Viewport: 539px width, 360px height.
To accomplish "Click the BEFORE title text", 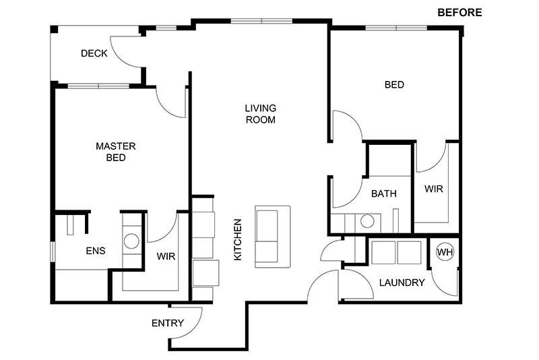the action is tap(459, 12).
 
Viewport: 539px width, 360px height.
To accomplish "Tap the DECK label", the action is tap(94, 53).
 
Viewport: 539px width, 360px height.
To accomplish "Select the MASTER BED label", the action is tap(116, 152).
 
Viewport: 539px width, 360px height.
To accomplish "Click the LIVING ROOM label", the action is tap(261, 114).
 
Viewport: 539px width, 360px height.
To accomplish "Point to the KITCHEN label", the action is tap(238, 239).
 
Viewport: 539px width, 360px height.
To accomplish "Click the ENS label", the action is tap(96, 251).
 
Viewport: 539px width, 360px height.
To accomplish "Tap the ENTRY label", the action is tap(168, 323).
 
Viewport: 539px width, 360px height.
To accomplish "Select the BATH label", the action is tap(384, 193).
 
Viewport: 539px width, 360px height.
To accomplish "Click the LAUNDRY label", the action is tap(402, 282).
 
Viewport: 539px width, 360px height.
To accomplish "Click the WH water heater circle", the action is tap(445, 252).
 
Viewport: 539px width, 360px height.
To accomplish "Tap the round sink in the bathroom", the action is tap(367, 221).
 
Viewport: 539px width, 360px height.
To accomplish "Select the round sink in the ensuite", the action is tap(131, 241).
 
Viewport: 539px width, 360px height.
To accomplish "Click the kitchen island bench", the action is tap(273, 237).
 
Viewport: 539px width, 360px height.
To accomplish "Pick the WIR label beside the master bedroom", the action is tap(166, 256).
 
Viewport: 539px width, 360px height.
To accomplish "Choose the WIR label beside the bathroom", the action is tap(433, 189).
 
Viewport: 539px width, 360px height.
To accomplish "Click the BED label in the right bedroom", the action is tap(394, 84).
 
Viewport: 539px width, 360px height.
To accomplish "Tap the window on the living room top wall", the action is tap(261, 21).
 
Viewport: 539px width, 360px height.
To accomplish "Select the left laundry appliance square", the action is tap(383, 252).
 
